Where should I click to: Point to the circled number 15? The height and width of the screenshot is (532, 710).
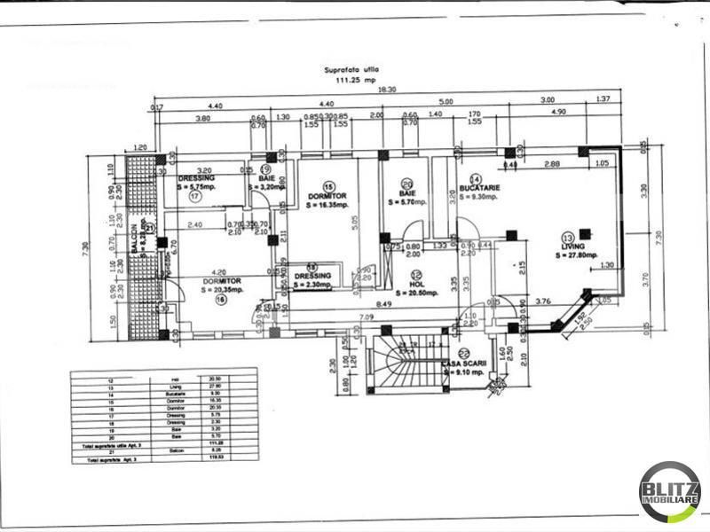pyautogui.click(x=328, y=188)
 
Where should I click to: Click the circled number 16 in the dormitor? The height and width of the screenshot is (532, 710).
pyautogui.click(x=220, y=298)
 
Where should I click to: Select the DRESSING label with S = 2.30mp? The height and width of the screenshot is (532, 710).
pyautogui.click(x=312, y=276)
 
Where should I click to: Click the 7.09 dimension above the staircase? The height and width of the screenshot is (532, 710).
pyautogui.click(x=367, y=317)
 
